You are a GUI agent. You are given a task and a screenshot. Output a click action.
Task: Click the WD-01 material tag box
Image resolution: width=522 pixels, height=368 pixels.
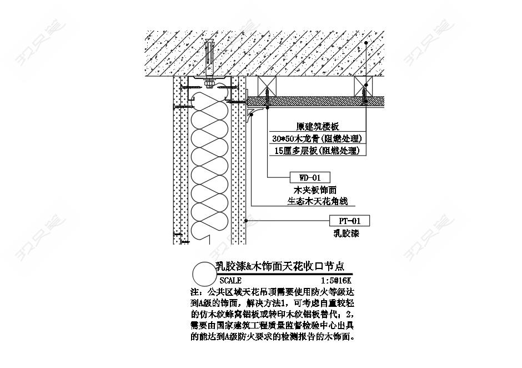pyautogui.click(x=310, y=178)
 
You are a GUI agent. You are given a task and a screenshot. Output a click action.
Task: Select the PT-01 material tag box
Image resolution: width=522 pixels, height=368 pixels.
pyautogui.click(x=349, y=221)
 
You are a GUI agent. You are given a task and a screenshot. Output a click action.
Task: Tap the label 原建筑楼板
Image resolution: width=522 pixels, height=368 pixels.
pyautogui.click(x=317, y=127)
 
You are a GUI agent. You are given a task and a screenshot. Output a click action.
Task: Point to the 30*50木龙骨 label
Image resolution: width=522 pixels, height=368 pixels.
pyautogui.click(x=317, y=138)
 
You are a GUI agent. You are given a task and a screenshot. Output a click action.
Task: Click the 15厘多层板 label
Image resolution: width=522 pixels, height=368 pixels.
pyautogui.click(x=317, y=151)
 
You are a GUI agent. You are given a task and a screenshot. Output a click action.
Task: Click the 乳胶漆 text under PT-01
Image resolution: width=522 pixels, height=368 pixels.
pyautogui.click(x=350, y=233)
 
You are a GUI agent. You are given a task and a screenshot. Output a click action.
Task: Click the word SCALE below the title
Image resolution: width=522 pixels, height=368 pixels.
pyautogui.click(x=230, y=281)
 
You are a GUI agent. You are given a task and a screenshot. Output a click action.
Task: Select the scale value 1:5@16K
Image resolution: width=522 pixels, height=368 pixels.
pyautogui.click(x=336, y=281)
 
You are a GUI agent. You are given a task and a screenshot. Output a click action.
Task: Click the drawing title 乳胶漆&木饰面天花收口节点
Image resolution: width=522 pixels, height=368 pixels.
pyautogui.click(x=279, y=267)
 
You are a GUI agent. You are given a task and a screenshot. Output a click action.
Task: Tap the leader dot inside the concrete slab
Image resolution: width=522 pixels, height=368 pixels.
pyautogui.click(x=367, y=43)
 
